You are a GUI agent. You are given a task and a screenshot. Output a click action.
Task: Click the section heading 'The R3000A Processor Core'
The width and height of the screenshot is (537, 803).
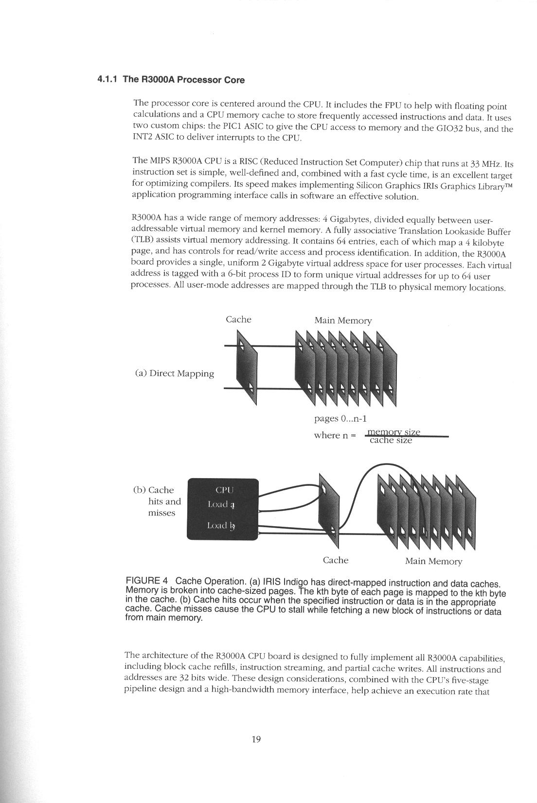tap(183, 80)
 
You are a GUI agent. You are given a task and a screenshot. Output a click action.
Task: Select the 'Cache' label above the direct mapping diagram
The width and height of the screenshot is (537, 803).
tap(238, 320)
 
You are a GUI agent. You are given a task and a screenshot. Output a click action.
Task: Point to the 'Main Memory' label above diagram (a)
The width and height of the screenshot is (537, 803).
tap(343, 321)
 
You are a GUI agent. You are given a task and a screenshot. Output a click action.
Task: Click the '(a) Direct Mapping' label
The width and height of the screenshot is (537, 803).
tap(174, 374)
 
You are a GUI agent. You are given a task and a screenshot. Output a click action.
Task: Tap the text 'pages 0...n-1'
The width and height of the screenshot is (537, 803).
tap(340, 418)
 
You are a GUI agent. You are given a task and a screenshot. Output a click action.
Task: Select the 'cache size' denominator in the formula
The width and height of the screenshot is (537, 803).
tap(391, 441)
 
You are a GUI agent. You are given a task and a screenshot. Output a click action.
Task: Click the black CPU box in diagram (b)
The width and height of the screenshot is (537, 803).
tap(222, 509)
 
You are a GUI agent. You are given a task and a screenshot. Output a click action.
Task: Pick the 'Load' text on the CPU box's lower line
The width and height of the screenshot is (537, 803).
tap(216, 525)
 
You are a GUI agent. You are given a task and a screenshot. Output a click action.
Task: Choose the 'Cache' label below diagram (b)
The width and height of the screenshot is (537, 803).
tap(336, 560)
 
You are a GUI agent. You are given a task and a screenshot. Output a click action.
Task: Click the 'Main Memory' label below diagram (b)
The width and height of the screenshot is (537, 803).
tap(433, 561)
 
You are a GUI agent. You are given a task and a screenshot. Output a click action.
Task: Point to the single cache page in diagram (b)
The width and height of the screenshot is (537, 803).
tap(328, 506)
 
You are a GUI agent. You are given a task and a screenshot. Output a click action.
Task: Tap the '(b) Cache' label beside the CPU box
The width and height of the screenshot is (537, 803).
tap(153, 490)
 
